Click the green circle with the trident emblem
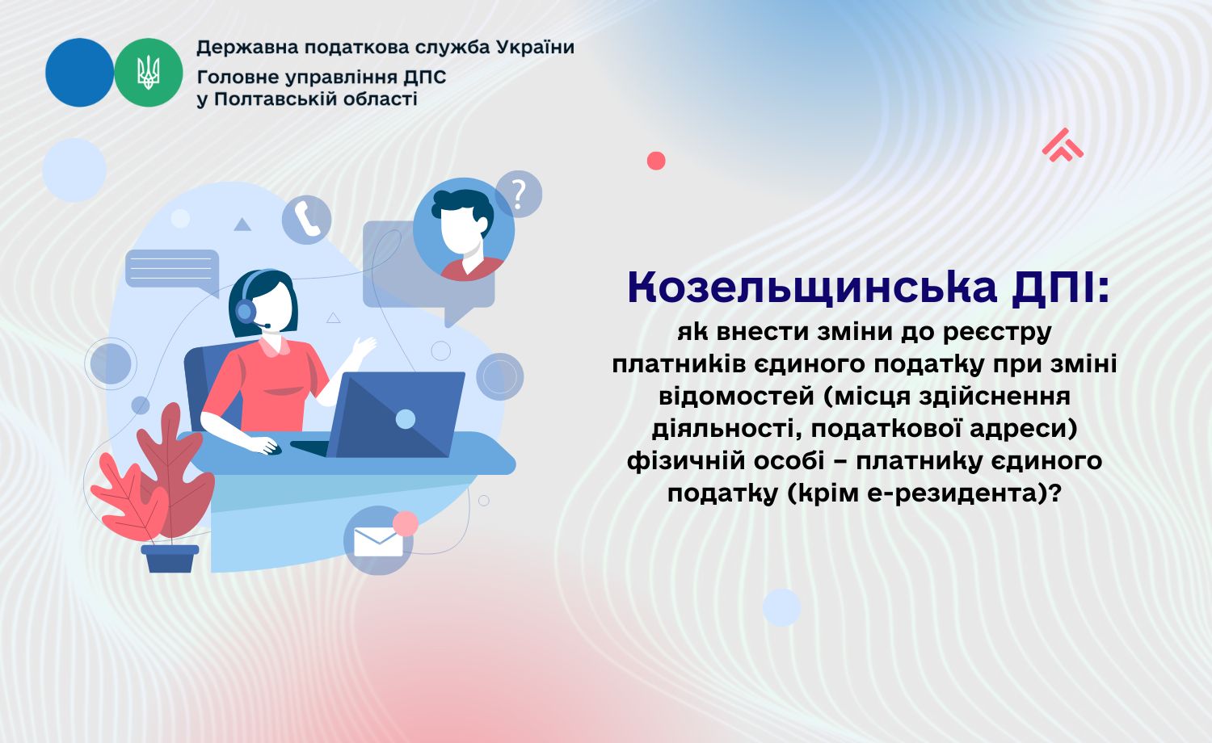148,73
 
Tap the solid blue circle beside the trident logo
79,73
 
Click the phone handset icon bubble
306,219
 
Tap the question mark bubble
519,194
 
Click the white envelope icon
378,541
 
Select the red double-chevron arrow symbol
1063,145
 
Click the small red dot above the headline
656,161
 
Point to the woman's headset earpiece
245,310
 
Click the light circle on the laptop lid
406,418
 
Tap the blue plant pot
170,558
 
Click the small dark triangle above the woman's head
242,225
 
